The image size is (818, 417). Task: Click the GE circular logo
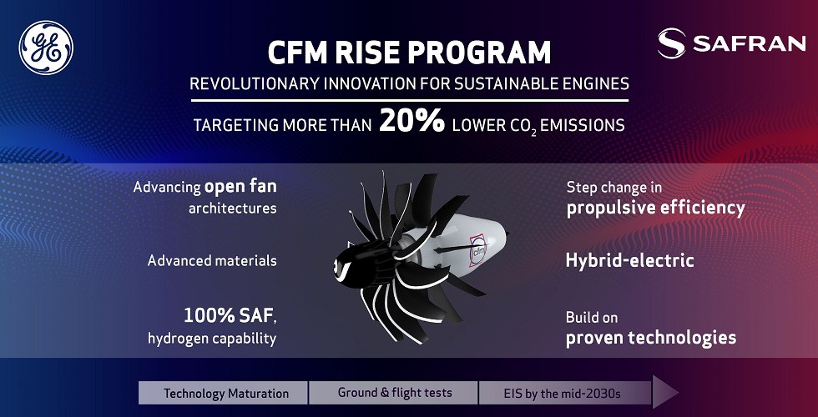pos(46,48)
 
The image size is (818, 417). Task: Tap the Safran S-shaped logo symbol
pos(671,43)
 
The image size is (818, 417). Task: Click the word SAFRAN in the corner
pos(750,43)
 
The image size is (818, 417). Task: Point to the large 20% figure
pos(412,121)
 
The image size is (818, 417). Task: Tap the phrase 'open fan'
pos(240,187)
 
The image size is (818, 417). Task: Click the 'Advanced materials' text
pos(212,260)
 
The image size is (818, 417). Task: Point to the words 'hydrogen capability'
pos(212,339)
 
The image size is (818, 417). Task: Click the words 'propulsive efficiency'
pos(656,208)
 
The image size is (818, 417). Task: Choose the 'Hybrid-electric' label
pos(629,260)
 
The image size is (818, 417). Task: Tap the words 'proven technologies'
pos(651,338)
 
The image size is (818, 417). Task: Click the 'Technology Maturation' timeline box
pos(224,393)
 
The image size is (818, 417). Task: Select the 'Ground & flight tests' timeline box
pos(393,393)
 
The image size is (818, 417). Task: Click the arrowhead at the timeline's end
pos(665,393)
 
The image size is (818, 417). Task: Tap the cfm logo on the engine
pos(477,251)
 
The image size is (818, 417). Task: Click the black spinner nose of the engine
pos(348,264)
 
